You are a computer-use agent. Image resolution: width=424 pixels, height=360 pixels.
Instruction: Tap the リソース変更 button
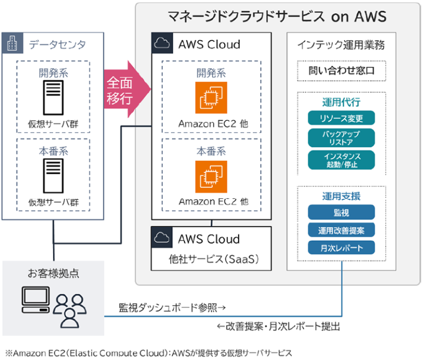341,118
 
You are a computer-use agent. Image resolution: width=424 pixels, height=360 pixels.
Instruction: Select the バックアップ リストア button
341,138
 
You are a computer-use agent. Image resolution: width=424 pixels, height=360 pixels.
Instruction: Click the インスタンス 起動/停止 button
341,160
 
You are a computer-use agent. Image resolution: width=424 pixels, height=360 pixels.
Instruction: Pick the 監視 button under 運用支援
341,213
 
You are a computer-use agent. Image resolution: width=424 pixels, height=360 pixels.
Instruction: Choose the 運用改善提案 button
341,230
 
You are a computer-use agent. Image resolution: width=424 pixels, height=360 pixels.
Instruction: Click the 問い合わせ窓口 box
341,71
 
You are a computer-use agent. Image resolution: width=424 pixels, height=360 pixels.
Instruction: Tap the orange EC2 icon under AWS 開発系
211,98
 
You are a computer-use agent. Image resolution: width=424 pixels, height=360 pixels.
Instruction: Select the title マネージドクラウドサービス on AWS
277,15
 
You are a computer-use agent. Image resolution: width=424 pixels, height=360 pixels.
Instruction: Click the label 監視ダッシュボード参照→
173,306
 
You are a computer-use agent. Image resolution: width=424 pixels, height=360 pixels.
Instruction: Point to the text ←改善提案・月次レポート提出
278,326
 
